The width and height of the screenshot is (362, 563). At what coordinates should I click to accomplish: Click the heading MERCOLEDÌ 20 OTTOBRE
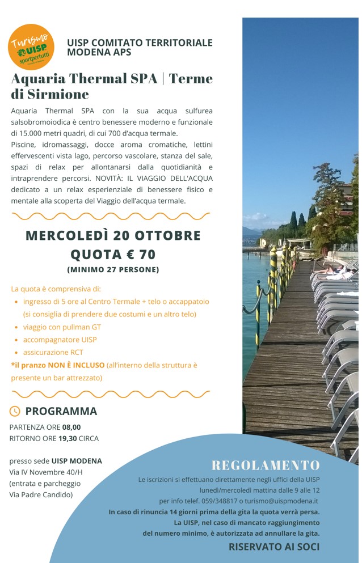pyautogui.click(x=113, y=235)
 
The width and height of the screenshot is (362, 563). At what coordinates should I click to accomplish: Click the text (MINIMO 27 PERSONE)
pyautogui.click(x=113, y=270)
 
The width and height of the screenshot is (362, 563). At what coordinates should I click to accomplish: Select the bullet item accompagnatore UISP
pyautogui.click(x=60, y=340)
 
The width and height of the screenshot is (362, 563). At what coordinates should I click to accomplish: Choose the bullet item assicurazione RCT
pyautogui.click(x=53, y=352)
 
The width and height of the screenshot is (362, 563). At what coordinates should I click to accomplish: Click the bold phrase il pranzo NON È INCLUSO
pyautogui.click(x=58, y=365)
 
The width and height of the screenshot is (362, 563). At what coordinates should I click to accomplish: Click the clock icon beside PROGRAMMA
pyautogui.click(x=15, y=411)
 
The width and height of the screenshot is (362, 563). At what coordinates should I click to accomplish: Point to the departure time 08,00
pyautogui.click(x=71, y=427)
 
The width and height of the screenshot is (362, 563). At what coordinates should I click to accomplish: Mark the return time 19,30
pyautogui.click(x=68, y=438)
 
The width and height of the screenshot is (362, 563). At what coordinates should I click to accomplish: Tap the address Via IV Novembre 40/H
pyautogui.click(x=46, y=472)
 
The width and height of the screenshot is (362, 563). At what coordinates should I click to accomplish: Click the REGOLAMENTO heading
pyautogui.click(x=266, y=465)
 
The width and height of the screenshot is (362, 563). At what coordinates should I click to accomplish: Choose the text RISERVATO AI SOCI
pyautogui.click(x=273, y=547)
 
